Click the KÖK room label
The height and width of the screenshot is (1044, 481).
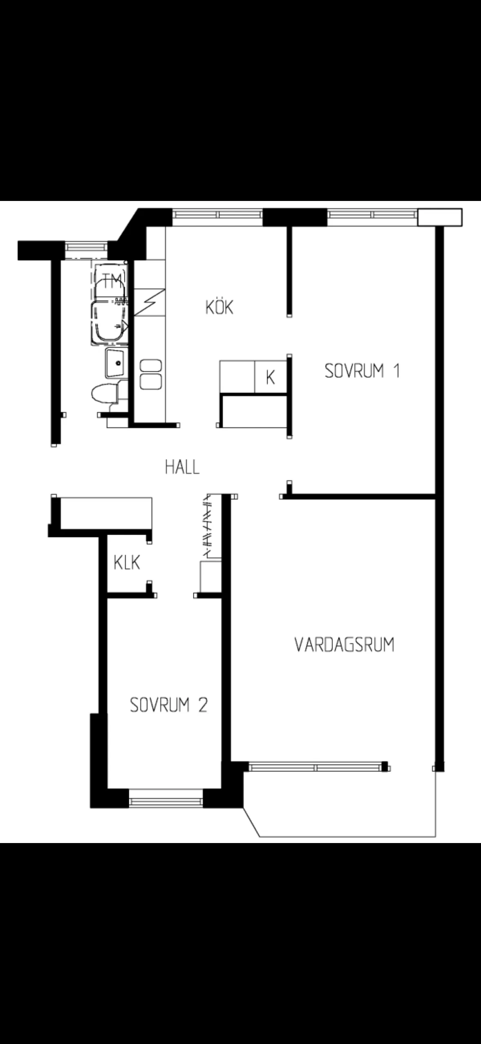point(219,307)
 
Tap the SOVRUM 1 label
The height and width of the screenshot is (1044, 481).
point(362,371)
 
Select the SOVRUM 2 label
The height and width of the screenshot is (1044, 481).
point(169,705)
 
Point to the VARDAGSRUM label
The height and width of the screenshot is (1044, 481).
point(344,645)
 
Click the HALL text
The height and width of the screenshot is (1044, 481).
point(182,467)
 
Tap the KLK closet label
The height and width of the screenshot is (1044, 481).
point(127,562)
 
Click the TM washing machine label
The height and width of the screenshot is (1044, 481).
point(112,280)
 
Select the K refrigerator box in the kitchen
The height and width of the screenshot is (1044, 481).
point(270,377)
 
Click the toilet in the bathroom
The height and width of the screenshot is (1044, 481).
point(105,395)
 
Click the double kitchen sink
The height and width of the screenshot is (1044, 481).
point(151,374)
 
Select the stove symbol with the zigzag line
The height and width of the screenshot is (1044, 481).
point(150,302)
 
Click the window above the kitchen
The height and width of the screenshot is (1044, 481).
point(217,215)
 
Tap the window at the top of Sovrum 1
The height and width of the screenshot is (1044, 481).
point(372,215)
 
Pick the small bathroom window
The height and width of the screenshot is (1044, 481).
point(86,247)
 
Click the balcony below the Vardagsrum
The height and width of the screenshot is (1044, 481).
point(340,803)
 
